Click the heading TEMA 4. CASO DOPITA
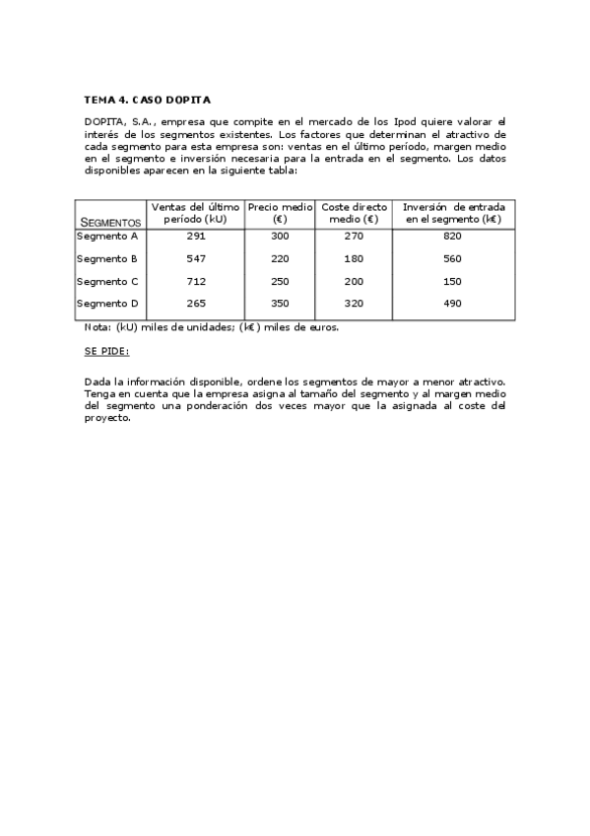[147, 100]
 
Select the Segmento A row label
[107, 237]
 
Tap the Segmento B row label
[107, 259]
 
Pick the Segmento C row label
[107, 282]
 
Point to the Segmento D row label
[107, 304]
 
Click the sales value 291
[195, 237]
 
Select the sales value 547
[195, 259]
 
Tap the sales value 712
[195, 282]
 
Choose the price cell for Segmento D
[280, 304]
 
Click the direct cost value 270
[354, 237]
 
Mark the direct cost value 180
[354, 259]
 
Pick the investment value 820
[452, 237]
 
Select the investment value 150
[452, 282]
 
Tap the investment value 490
[452, 304]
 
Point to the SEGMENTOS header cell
[110, 223]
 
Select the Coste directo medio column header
[354, 213]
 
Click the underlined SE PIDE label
[106, 352]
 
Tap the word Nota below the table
[97, 327]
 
